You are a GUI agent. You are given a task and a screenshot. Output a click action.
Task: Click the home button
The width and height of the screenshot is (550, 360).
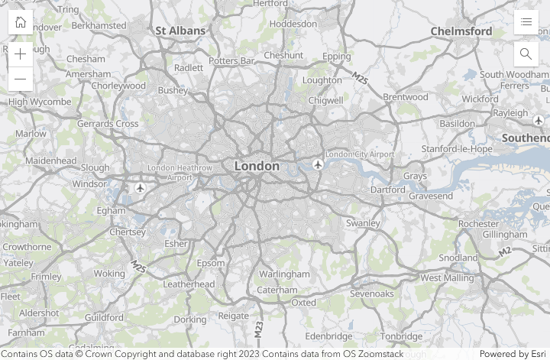(21, 22)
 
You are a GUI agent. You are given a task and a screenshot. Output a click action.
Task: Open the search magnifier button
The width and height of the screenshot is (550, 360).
(526, 54)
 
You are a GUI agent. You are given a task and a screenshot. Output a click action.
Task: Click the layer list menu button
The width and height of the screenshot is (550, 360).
(526, 22)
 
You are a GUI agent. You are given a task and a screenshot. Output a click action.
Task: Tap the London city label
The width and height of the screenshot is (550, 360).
(257, 166)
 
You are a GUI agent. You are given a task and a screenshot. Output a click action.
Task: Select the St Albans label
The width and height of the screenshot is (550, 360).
(180, 31)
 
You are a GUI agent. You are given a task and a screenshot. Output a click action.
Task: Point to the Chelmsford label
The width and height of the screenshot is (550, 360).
(461, 31)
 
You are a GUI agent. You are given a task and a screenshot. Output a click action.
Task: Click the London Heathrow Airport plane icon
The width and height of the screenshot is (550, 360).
(140, 187)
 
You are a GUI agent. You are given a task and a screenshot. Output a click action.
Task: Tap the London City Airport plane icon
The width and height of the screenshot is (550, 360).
(318, 164)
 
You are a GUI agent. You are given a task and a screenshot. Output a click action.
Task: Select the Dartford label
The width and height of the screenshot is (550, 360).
(387, 190)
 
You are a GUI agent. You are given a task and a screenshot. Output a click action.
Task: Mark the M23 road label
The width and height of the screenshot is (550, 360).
(258, 329)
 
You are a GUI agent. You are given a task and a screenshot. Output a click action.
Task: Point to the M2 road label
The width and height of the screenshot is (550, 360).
(505, 251)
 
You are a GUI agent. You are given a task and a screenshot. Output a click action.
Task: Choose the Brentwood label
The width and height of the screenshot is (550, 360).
(406, 97)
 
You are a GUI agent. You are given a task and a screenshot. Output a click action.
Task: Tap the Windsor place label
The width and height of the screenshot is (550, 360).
(89, 184)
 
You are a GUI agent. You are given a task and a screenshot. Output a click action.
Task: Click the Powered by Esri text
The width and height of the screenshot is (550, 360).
(513, 354)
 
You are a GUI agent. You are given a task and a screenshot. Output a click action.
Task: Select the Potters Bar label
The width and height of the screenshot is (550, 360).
(231, 60)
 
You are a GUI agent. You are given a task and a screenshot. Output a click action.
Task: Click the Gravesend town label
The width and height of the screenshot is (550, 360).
(431, 196)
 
